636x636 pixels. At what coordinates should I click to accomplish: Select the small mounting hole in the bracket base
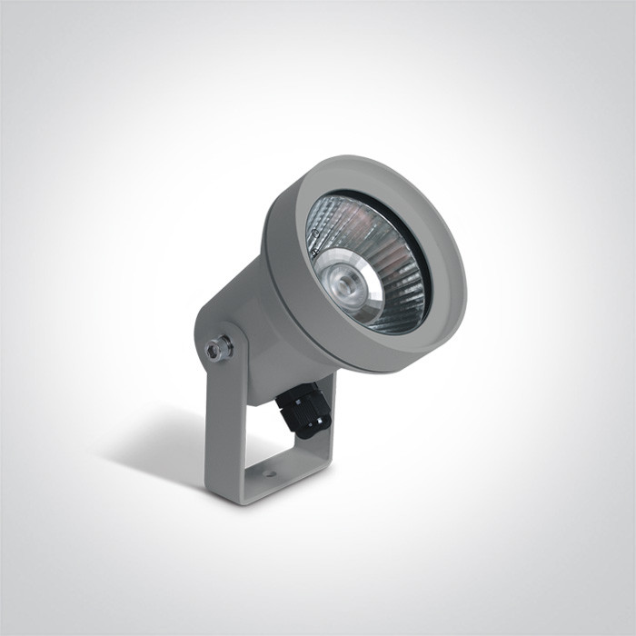point(270,474)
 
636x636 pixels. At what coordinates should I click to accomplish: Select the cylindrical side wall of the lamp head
point(282,263)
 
